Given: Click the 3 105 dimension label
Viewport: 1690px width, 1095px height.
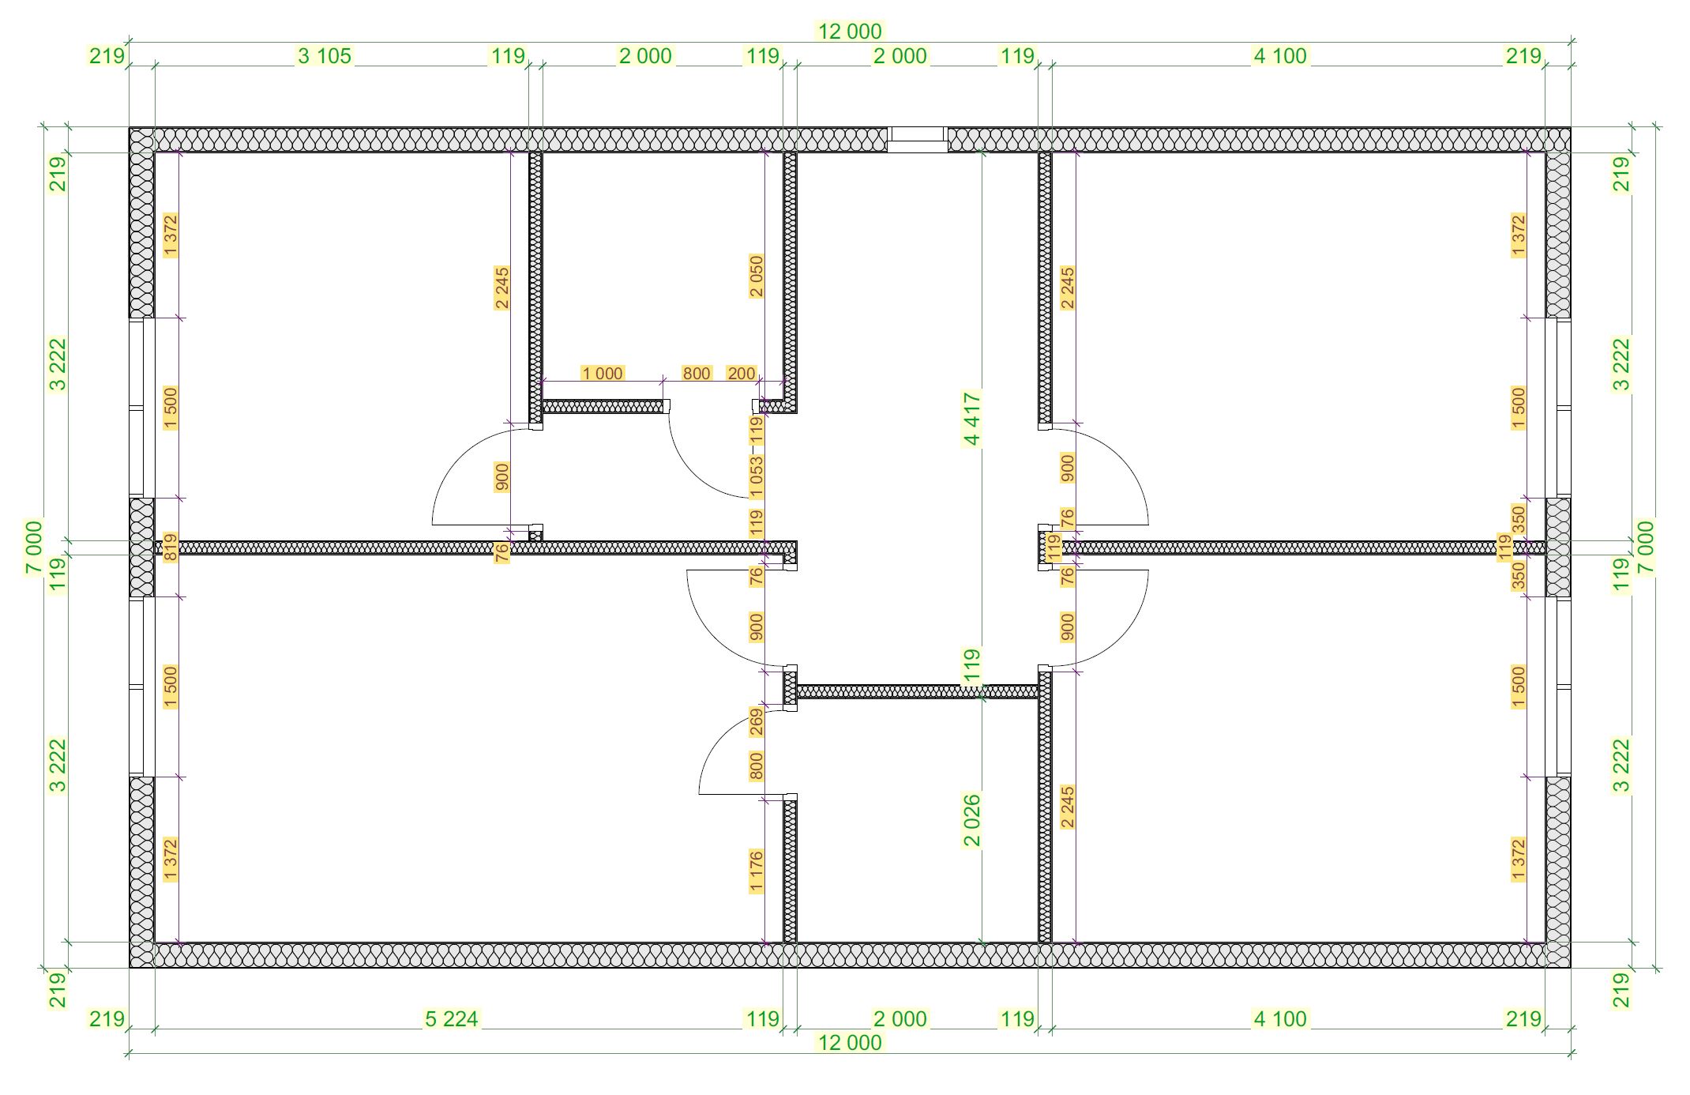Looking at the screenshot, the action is tap(325, 56).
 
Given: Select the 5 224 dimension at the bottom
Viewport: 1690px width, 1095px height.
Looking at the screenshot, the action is tap(452, 1019).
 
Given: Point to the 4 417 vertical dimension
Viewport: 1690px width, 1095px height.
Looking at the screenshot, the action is tap(972, 419).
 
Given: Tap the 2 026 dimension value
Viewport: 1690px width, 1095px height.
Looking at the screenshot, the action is tap(972, 820).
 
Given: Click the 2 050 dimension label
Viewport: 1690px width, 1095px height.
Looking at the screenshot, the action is tap(757, 276).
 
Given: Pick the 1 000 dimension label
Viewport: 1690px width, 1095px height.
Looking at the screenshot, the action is tap(603, 373).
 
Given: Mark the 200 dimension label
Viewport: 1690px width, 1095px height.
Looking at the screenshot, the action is tap(742, 373).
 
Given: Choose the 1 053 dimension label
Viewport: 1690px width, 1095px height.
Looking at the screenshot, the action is tap(757, 476).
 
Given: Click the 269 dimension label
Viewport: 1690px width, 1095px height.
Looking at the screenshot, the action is tap(757, 722).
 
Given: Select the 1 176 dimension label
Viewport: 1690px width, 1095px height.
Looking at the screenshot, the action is tap(757, 871).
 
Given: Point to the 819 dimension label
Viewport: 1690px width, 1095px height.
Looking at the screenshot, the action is tap(171, 547).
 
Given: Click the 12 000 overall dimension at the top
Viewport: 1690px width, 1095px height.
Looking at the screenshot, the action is tap(850, 32).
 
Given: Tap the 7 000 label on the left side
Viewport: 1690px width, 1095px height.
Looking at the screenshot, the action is tap(34, 547).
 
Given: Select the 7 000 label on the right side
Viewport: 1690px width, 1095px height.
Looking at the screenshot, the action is tap(1646, 547).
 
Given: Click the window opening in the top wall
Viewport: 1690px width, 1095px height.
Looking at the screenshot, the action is tap(917, 140).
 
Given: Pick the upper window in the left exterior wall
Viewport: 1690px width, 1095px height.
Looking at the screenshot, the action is tap(142, 408).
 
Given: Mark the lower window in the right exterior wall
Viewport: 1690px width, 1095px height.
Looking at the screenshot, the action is tap(1558, 687).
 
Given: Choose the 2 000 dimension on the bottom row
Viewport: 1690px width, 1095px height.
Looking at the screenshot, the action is tap(900, 1019).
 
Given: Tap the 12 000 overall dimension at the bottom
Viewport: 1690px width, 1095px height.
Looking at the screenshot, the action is tap(850, 1043).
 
